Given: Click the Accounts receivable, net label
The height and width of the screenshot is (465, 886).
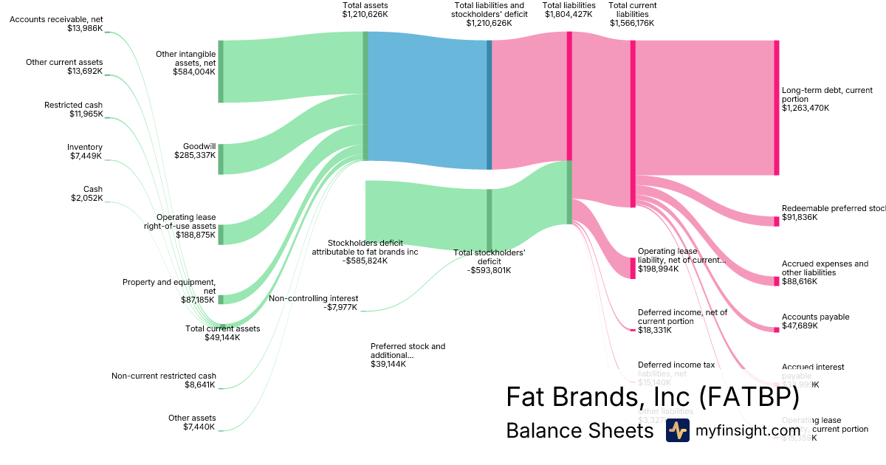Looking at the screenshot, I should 57,24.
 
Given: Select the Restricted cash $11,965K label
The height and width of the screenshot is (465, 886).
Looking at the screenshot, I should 73,110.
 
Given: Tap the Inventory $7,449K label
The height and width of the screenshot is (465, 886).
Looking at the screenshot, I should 85,152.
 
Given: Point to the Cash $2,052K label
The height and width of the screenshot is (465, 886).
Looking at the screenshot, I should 87,194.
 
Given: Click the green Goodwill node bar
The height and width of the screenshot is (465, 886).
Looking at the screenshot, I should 220,159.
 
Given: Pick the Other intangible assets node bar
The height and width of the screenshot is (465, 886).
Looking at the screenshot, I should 220,72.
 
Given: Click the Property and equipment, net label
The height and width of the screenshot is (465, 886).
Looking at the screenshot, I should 169,291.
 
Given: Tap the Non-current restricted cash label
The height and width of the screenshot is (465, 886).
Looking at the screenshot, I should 164,380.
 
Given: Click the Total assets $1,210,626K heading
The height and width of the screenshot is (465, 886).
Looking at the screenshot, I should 365,10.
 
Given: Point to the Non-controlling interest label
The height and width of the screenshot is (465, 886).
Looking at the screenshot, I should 313,303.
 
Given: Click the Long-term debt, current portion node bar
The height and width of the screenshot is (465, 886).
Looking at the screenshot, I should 776,108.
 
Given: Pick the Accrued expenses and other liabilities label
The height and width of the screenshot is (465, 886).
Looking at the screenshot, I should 825,268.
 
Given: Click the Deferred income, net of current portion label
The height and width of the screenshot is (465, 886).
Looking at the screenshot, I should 682,321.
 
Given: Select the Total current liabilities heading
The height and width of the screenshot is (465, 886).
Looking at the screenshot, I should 633,14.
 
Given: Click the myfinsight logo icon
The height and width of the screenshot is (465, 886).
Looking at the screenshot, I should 677,430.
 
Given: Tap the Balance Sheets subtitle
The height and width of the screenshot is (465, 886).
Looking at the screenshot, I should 580,430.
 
